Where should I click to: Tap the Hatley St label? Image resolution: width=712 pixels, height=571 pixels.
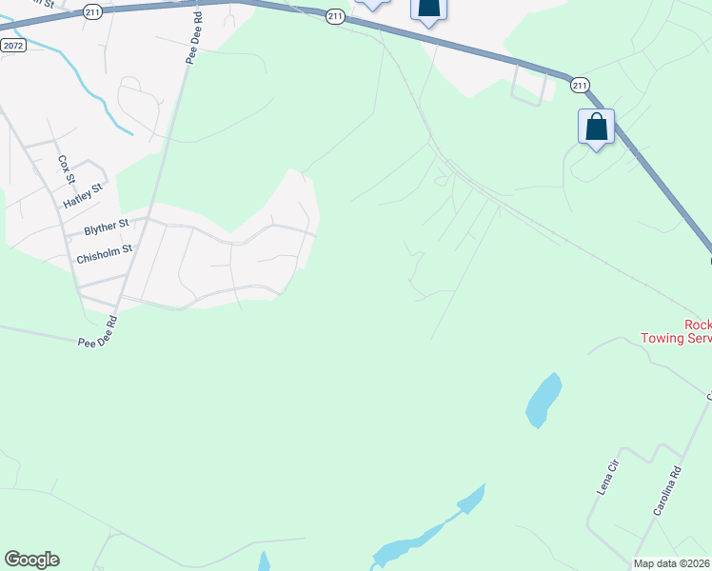[83, 197]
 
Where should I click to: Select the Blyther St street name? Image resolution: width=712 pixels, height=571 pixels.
[106, 227]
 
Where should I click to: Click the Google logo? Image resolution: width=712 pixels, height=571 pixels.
[31, 560]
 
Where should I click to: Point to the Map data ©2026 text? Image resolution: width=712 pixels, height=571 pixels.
[672, 563]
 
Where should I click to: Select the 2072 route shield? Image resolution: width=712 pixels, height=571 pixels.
[13, 45]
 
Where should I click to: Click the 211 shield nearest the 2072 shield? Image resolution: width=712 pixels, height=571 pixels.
[91, 10]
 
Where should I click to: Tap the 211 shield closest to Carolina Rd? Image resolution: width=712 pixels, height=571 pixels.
[580, 86]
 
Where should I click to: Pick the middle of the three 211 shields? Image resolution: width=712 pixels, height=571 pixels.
[334, 16]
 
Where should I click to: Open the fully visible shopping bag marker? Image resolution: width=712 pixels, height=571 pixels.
[596, 128]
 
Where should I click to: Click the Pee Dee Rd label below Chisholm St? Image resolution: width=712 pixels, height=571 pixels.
[97, 334]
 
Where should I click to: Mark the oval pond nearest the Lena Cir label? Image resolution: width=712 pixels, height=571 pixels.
[543, 400]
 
